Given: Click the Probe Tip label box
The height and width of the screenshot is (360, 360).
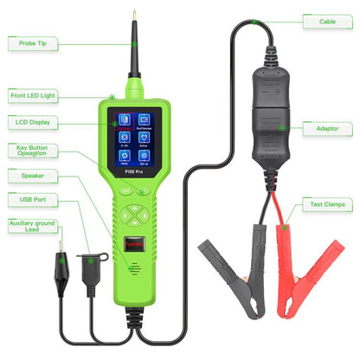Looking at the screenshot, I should pos(30,42).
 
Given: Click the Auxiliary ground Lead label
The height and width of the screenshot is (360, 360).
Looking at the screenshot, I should pos(30,228).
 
